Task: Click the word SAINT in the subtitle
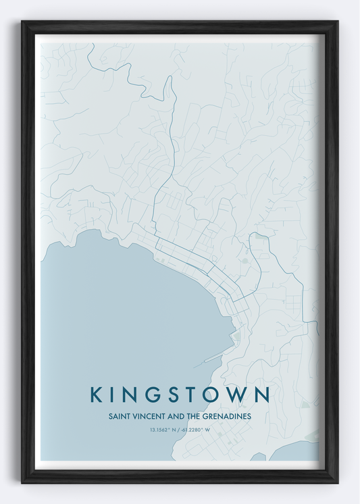tap(119, 417)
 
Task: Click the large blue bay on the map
tap(122, 311)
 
